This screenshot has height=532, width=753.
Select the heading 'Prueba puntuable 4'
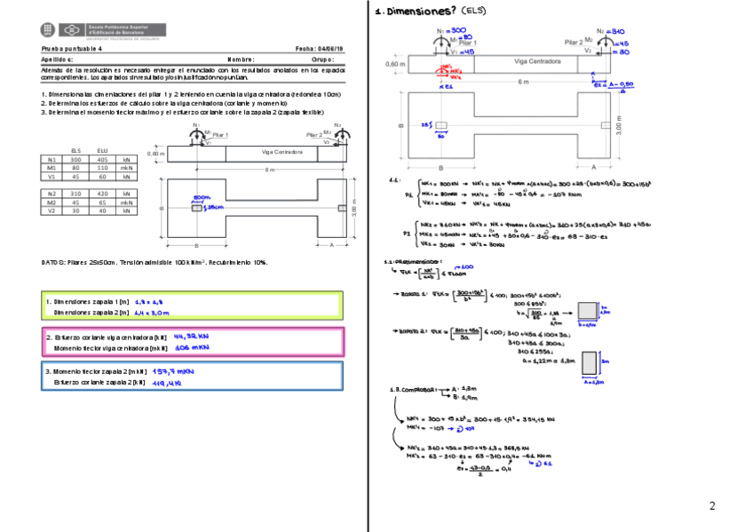coord(74,50)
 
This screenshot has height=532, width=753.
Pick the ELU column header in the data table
coord(102,151)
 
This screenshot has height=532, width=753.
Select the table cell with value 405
coord(102,159)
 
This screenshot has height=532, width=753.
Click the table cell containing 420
coord(102,193)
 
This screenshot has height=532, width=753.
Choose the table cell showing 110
coord(102,168)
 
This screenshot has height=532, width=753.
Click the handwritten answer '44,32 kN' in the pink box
coord(191,337)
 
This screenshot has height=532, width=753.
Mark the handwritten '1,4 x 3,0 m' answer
coord(151,313)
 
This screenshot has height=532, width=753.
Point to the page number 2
coord(711,506)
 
